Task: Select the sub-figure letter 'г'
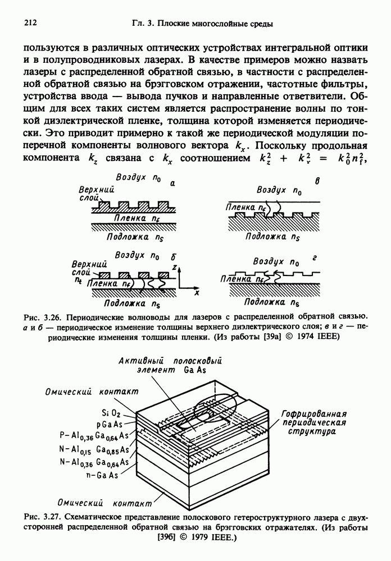[x=315, y=257]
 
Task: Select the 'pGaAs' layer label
[x=117, y=424]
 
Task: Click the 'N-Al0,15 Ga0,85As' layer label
[x=93, y=449]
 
